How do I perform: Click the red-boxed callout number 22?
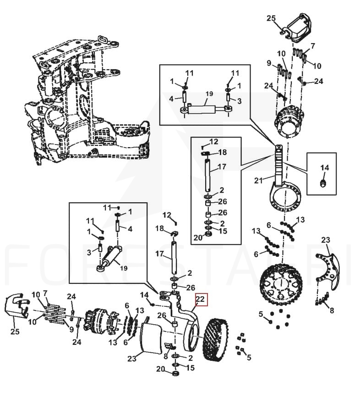[200, 299]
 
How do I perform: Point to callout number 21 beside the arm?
[258, 180]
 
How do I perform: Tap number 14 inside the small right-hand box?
[324, 168]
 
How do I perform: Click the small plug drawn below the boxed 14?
[323, 183]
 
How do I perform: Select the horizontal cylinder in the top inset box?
[203, 109]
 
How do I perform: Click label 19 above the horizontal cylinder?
[209, 94]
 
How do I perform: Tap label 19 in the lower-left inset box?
[124, 268]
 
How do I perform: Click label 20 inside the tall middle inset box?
[198, 237]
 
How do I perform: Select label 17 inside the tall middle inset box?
[222, 166]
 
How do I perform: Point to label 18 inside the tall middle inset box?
[223, 152]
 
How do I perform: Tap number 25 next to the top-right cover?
[271, 18]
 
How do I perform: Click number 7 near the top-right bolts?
[313, 46]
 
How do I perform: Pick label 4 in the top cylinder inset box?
[171, 99]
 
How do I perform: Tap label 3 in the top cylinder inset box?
[240, 101]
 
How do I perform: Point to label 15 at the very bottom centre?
[191, 368]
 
